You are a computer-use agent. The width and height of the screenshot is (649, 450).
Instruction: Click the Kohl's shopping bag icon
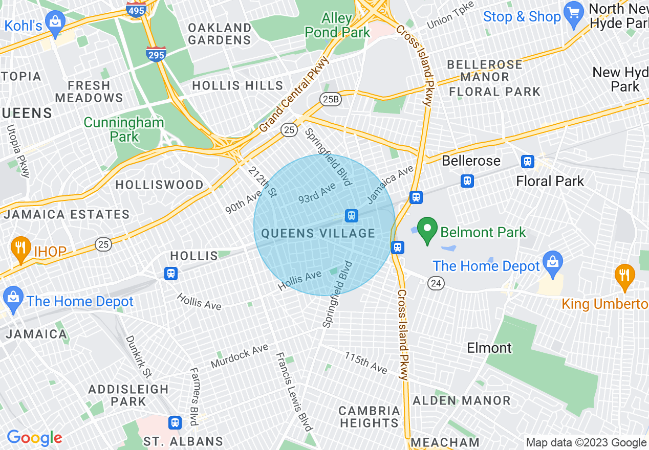54,21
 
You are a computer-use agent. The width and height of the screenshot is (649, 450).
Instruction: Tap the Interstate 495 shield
136,9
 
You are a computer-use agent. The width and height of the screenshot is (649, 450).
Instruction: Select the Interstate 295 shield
156,54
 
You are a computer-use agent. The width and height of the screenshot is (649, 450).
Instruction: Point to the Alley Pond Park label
337,26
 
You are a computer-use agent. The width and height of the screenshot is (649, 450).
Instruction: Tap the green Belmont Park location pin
427,231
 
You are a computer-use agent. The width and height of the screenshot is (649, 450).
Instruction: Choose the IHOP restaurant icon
20,249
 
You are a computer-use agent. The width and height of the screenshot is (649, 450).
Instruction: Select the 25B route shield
330,99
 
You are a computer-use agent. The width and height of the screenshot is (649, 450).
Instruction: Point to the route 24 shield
437,283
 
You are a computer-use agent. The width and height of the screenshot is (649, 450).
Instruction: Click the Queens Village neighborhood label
318,234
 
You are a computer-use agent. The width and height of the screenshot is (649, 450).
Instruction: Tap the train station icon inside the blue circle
351,215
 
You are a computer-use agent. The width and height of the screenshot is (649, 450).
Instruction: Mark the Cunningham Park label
124,129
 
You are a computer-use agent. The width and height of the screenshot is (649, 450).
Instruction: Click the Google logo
34,438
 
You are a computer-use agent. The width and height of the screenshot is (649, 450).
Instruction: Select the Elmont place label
489,348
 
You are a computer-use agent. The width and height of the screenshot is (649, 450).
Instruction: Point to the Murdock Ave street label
240,357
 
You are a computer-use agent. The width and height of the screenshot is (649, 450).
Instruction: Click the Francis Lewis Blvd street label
294,391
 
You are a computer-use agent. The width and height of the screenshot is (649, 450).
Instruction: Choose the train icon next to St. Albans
175,423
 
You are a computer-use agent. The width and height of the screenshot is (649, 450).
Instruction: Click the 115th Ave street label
365,363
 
